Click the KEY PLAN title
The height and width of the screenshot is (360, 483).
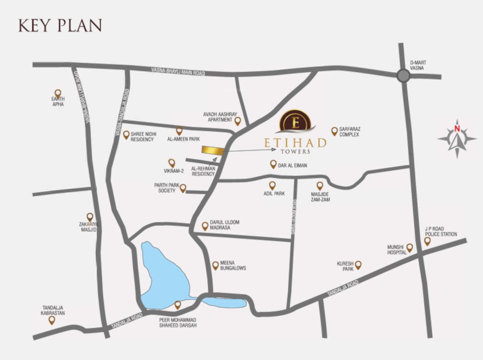60,25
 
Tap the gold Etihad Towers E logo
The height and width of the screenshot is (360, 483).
295,122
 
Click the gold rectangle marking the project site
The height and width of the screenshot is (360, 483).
212,150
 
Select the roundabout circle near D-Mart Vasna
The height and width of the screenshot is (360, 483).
403,75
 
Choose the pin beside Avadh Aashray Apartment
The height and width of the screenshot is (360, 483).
237,121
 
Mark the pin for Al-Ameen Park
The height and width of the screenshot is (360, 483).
179,131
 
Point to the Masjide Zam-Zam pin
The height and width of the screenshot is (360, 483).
320,186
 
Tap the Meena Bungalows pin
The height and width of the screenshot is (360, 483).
215,265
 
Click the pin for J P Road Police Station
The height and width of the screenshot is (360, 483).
427,241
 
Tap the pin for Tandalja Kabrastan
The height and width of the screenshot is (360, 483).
52,320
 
